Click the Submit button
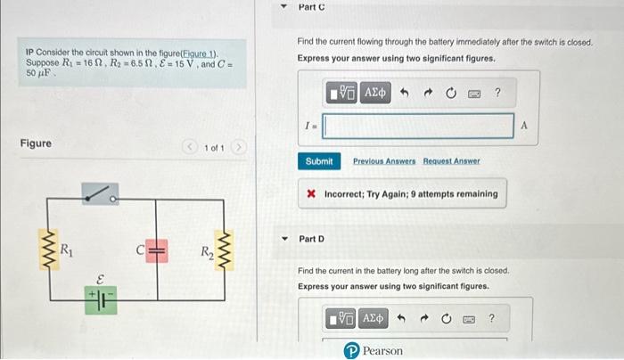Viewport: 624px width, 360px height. tap(318, 161)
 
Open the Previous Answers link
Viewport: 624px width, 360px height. tap(384, 161)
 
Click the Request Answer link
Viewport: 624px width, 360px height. tap(451, 161)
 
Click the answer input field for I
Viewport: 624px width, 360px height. tap(418, 127)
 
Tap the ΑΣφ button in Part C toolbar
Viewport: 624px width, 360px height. tap(375, 93)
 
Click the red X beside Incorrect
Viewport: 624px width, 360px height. tap(311, 193)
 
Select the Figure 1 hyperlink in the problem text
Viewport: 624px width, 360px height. tap(199, 54)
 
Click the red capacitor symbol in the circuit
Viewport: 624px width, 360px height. tap(157, 250)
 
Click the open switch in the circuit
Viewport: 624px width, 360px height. tap(99, 193)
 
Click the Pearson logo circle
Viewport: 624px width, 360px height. tap(352, 351)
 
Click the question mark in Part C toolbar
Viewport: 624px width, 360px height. tap(497, 93)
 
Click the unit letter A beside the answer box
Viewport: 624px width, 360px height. tap(523, 127)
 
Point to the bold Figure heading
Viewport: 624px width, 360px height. tap(36, 143)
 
